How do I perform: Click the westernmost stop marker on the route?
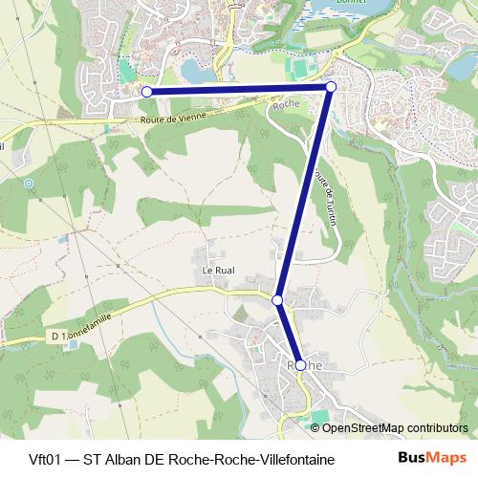pyautogui.click(x=146, y=91)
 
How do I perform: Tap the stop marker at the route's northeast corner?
pyautogui.click(x=331, y=87)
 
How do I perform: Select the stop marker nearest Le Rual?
pyautogui.click(x=277, y=300)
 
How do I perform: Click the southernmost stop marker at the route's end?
pyautogui.click(x=300, y=365)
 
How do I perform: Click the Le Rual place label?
pyautogui.click(x=217, y=271)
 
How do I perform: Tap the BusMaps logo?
pyautogui.click(x=432, y=458)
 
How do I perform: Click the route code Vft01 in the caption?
pyautogui.click(x=33, y=459)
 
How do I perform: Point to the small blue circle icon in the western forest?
pyautogui.click(x=29, y=183)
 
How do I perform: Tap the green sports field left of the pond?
pyautogui.click(x=125, y=72)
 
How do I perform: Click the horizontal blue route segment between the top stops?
pyautogui.click(x=239, y=89)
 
